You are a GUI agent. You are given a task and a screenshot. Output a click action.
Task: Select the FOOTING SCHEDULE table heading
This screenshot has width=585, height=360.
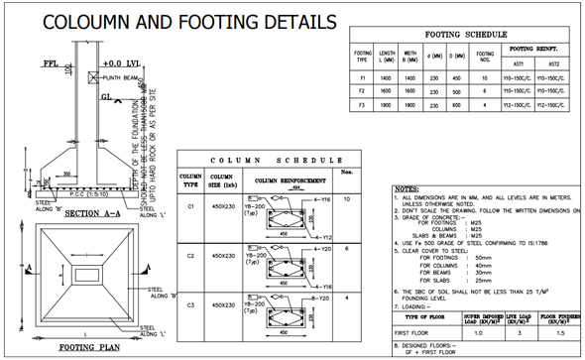(465, 35)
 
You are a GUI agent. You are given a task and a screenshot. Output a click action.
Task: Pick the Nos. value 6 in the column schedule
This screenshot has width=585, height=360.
(346, 248)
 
